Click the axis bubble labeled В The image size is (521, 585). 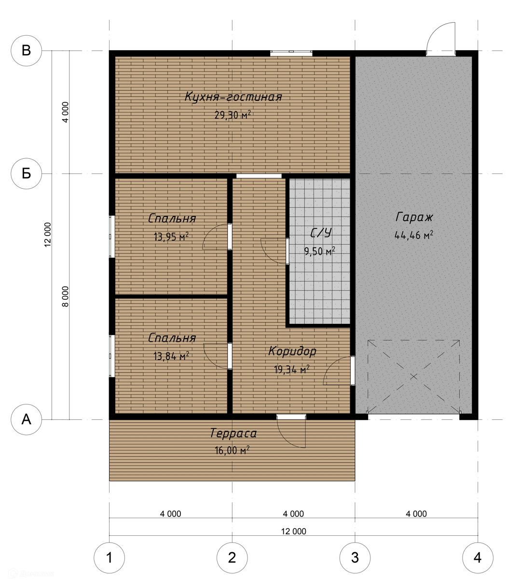coord(26,51)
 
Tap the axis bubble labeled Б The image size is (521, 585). coord(26,174)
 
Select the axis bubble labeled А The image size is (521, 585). coord(26,419)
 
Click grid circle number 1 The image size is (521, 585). coord(110,557)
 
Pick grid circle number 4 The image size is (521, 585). coord(478,557)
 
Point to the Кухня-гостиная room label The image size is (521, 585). coord(233,97)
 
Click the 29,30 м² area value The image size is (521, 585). coord(233,115)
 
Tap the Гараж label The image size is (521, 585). coord(414,217)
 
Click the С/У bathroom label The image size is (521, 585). coord(320,233)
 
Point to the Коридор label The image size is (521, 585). coord(292,351)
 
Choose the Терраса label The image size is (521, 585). coord(233,433)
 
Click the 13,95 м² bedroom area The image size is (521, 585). coord(171,237)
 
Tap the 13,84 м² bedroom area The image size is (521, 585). coord(171,356)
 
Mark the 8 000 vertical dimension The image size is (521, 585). coord(66,296)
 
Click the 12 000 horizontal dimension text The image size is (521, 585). coord(294,531)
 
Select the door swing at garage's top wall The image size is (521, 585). coord(441,39)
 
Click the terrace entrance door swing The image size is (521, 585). coord(291,433)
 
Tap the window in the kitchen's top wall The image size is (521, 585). coord(291,53)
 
